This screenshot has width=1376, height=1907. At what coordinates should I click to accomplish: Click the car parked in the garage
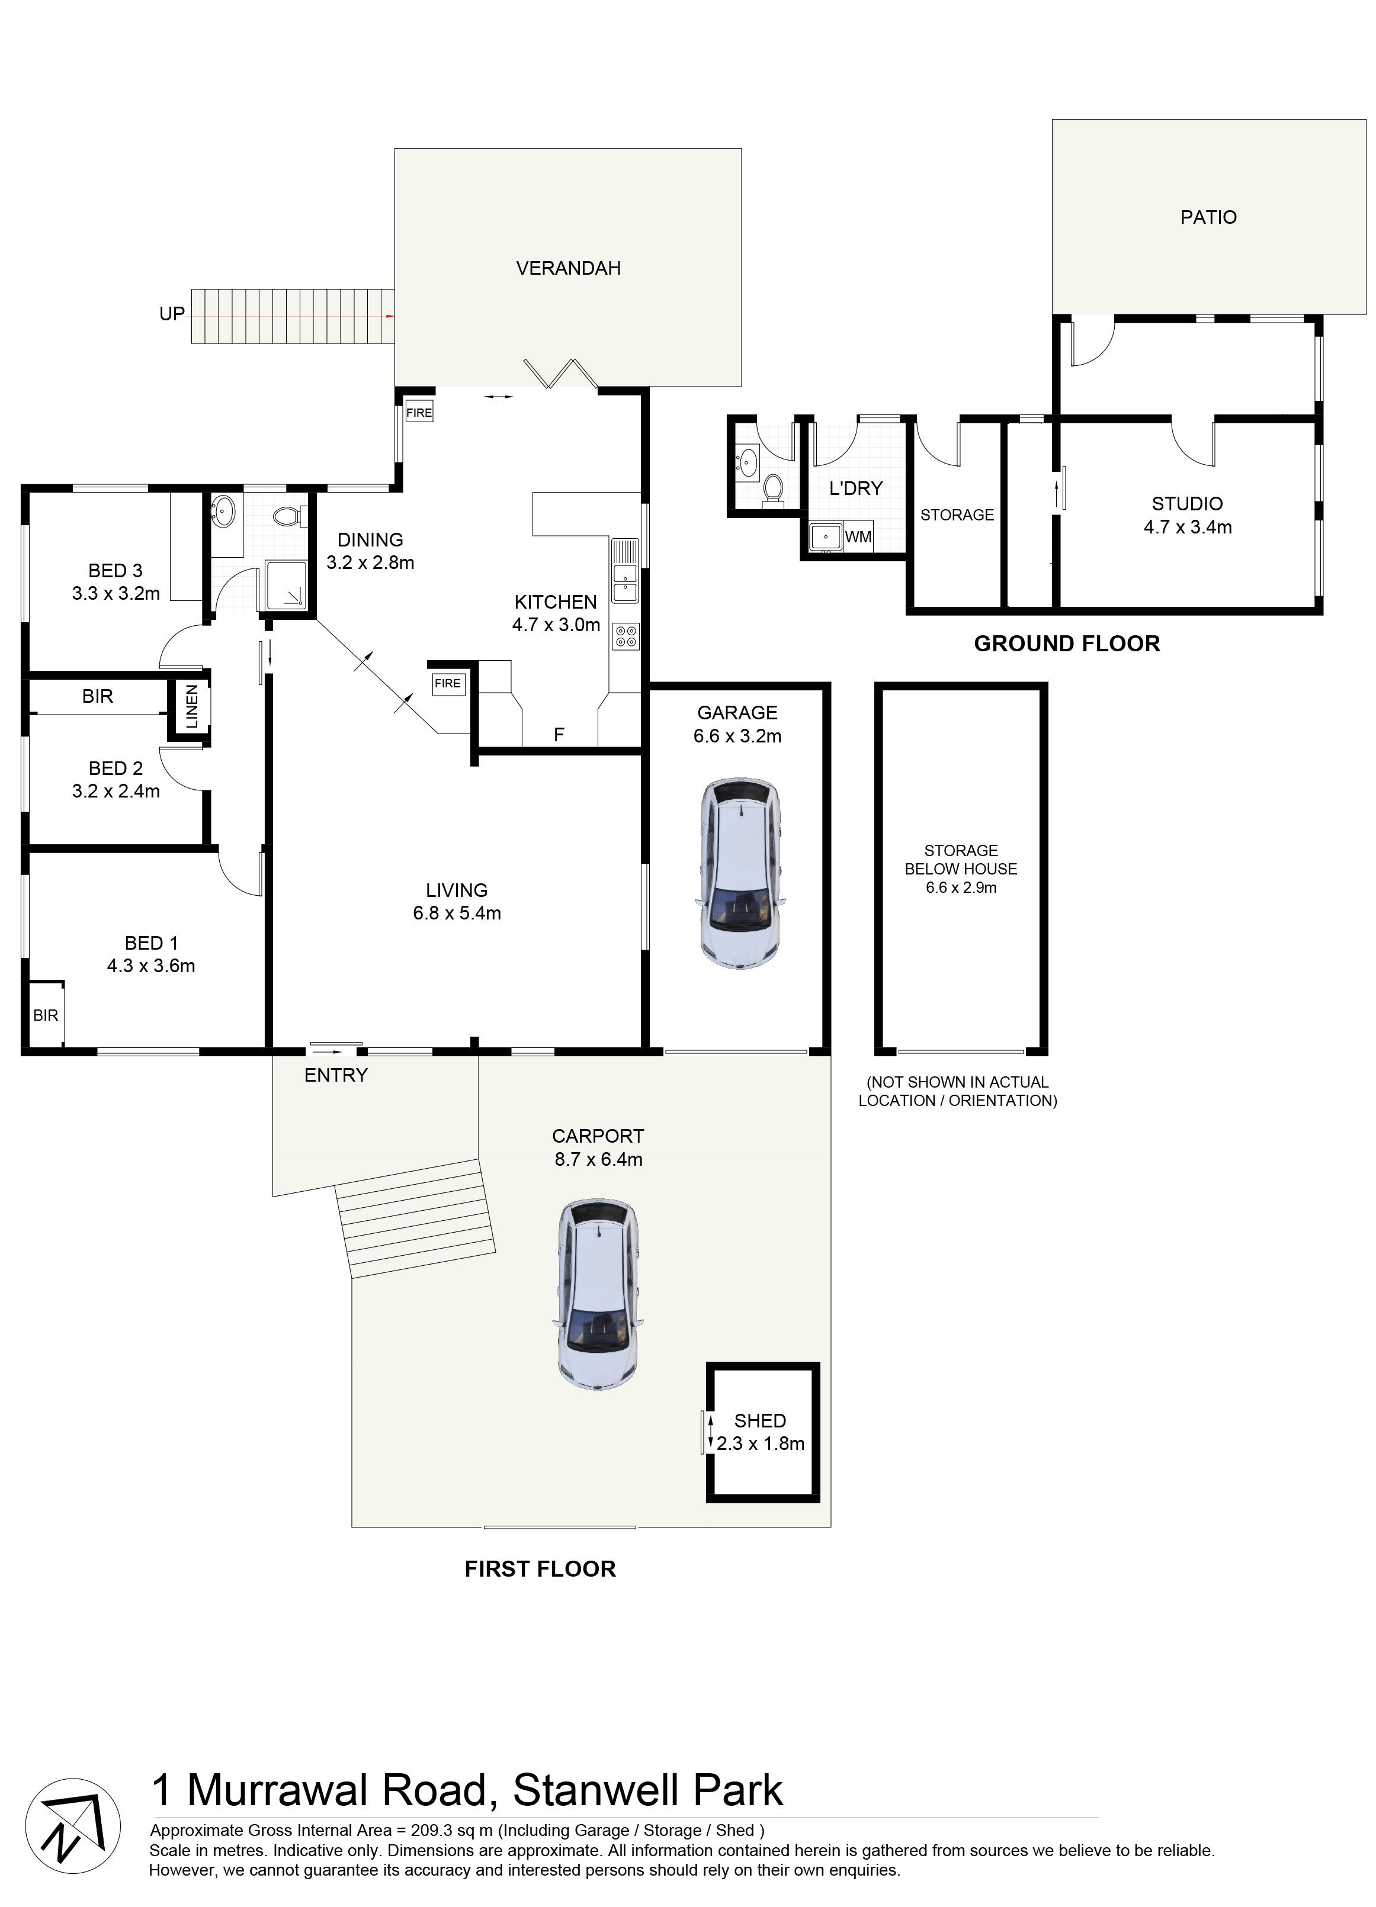click(x=739, y=874)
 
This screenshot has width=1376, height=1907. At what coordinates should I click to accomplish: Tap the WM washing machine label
click(x=858, y=536)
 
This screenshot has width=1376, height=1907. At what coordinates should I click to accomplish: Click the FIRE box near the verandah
click(x=419, y=413)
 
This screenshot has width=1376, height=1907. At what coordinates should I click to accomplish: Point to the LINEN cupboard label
click(x=193, y=706)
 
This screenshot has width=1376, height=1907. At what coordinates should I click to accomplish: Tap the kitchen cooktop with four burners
click(x=626, y=636)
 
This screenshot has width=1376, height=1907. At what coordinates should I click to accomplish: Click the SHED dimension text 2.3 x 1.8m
click(x=761, y=1443)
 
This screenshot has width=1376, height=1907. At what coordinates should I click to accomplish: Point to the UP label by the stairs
click(x=172, y=314)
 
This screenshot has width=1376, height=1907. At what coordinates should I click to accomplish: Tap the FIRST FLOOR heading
click(x=540, y=1569)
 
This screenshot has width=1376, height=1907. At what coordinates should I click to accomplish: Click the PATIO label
click(x=1208, y=217)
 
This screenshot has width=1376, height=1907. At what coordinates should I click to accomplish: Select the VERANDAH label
click(x=569, y=268)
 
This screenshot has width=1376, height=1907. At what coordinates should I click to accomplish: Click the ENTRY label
click(x=336, y=1075)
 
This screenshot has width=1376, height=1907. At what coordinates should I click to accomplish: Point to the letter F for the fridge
click(x=559, y=735)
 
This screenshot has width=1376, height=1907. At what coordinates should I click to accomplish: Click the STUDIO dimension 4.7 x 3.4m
click(x=1188, y=527)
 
